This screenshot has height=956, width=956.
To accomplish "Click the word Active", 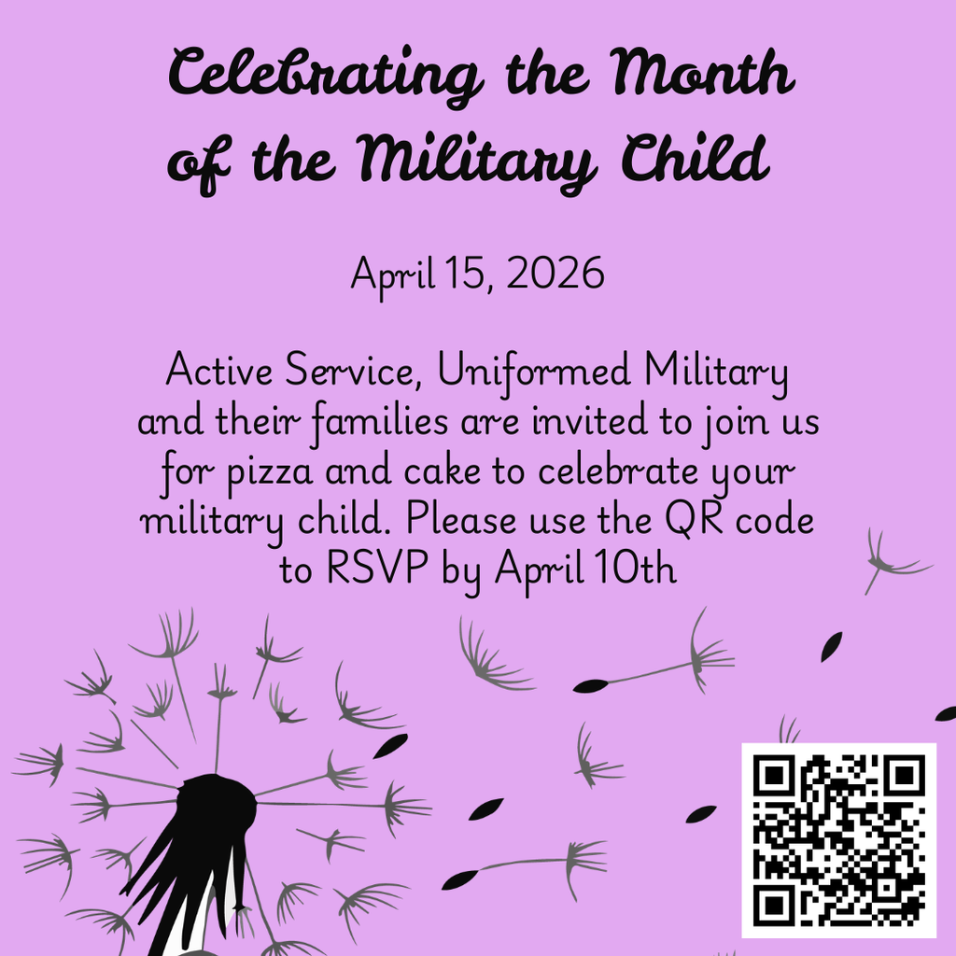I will [218, 373].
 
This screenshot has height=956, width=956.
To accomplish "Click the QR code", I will [838, 840].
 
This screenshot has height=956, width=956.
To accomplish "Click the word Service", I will [351, 373].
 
